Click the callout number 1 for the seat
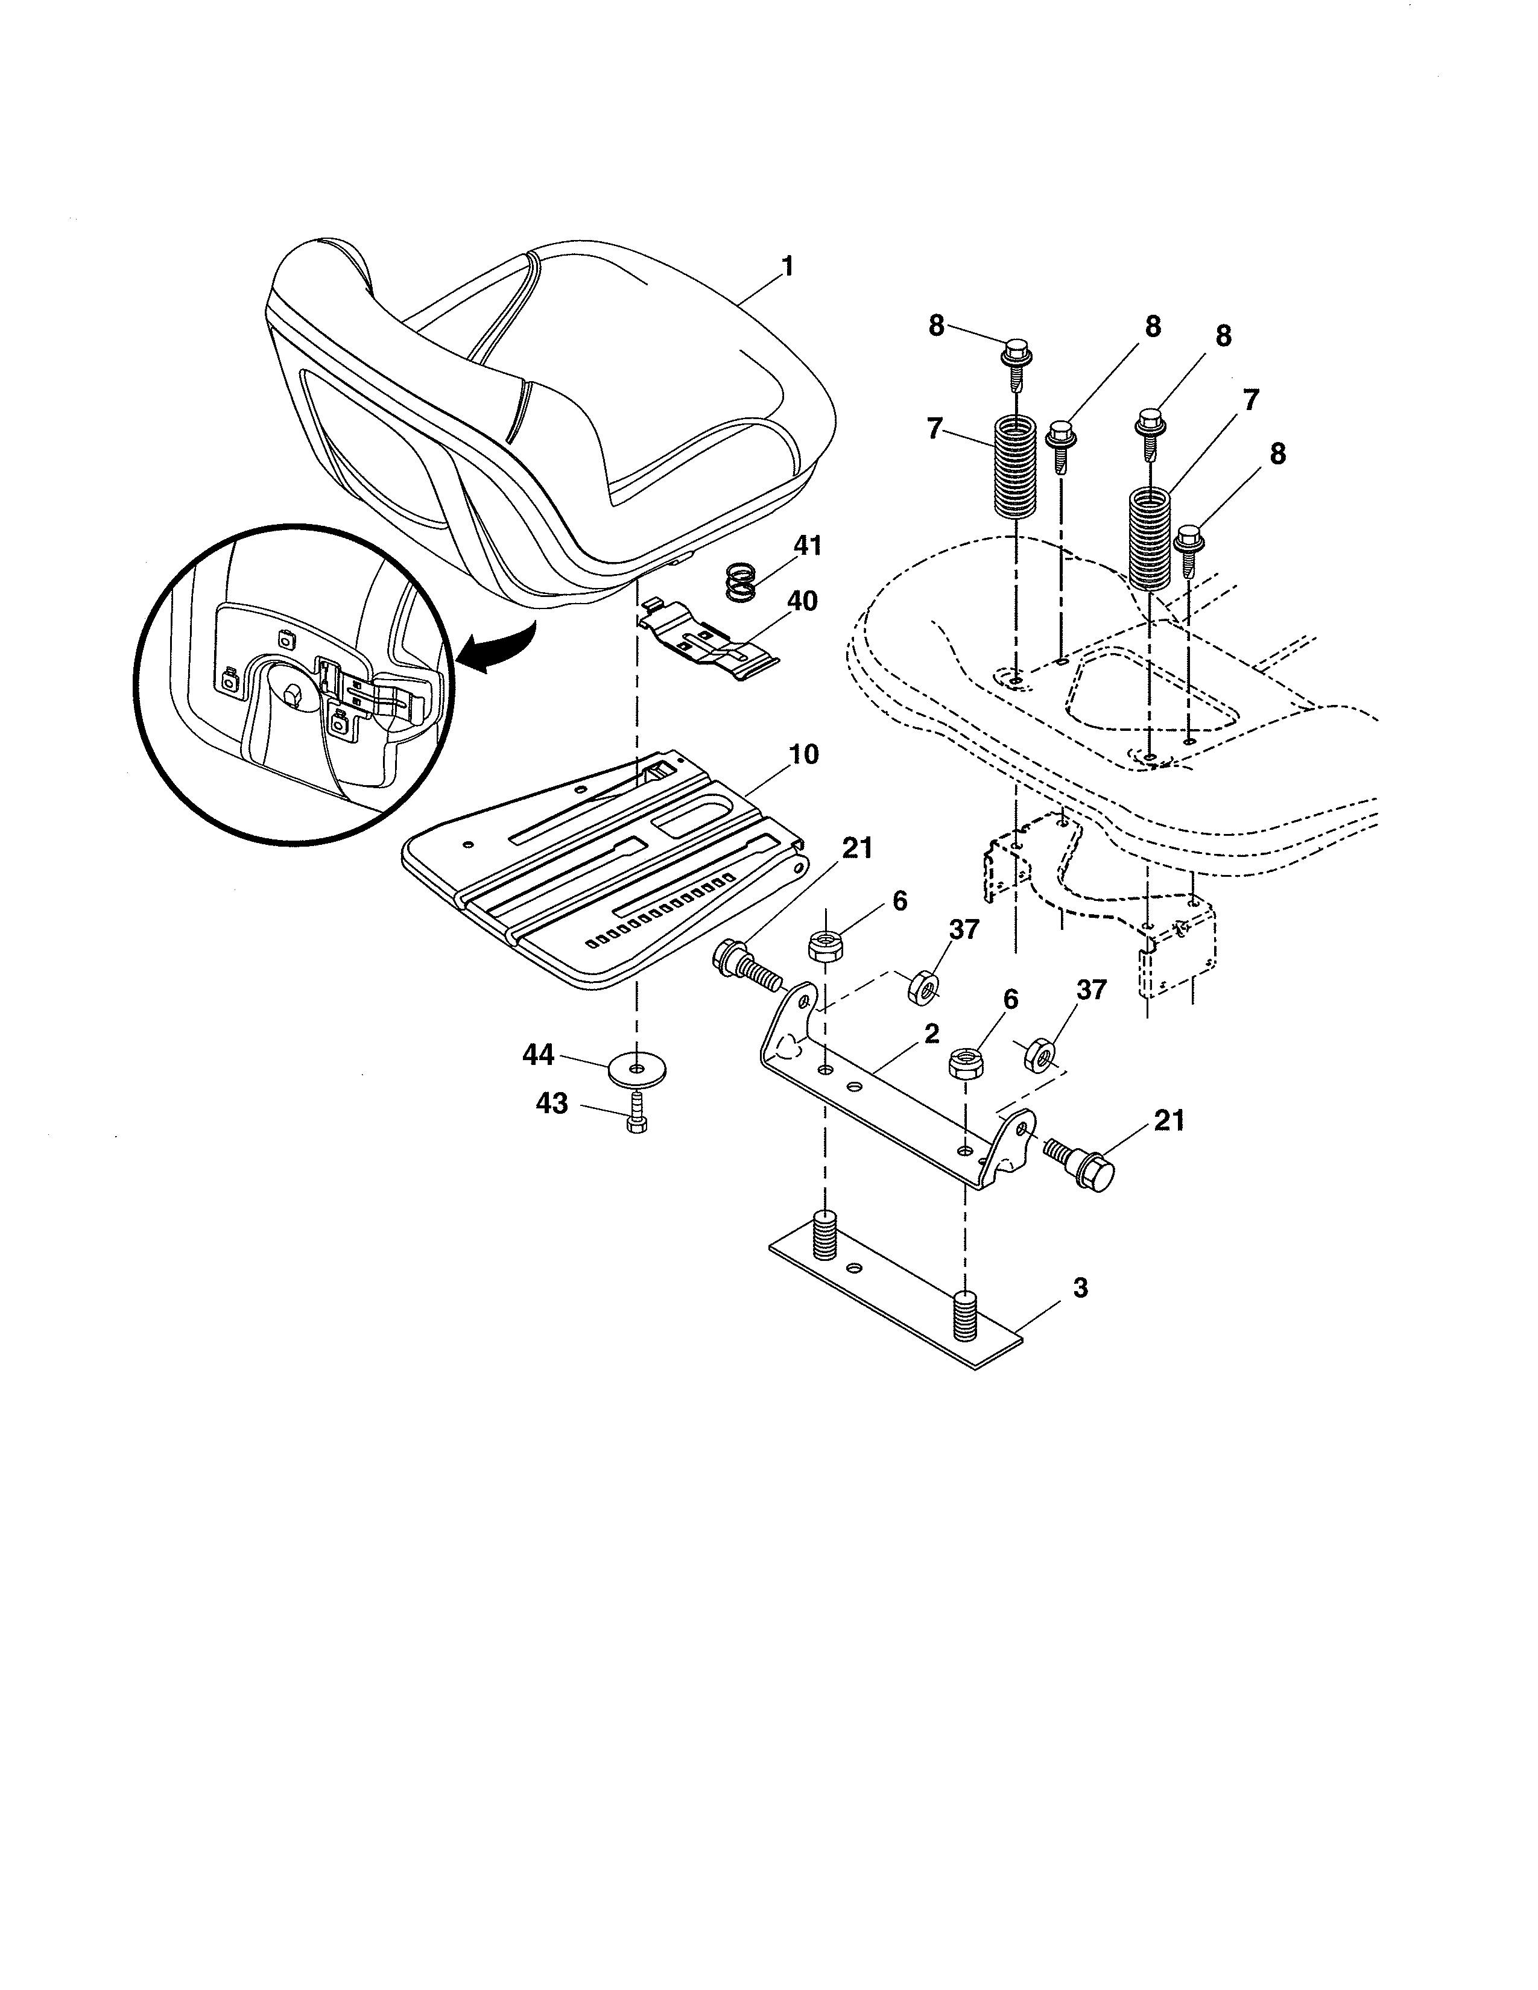click(x=787, y=267)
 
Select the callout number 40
click(x=802, y=601)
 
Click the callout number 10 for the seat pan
click(x=803, y=754)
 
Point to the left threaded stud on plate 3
click(x=824, y=1236)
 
